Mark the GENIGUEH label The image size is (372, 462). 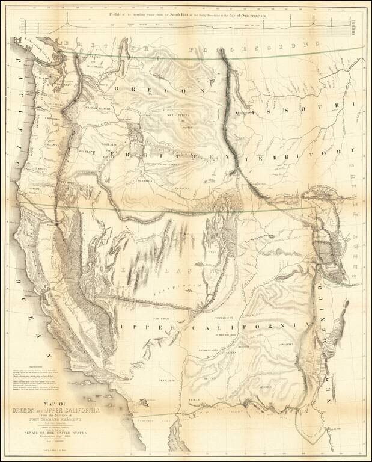166,380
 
